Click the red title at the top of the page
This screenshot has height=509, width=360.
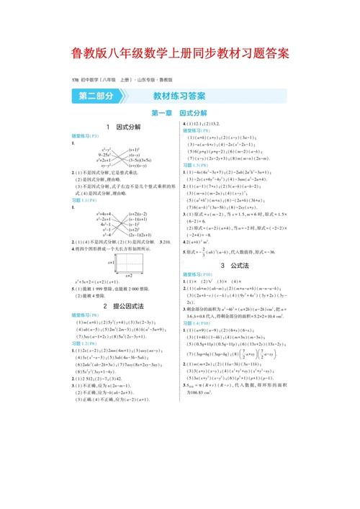tap(180, 54)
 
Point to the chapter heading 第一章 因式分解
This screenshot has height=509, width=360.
tap(179, 113)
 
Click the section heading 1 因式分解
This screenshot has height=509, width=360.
tap(123, 127)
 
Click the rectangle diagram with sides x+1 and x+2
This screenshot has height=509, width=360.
tap(129, 263)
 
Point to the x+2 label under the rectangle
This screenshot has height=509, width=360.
tap(129, 275)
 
